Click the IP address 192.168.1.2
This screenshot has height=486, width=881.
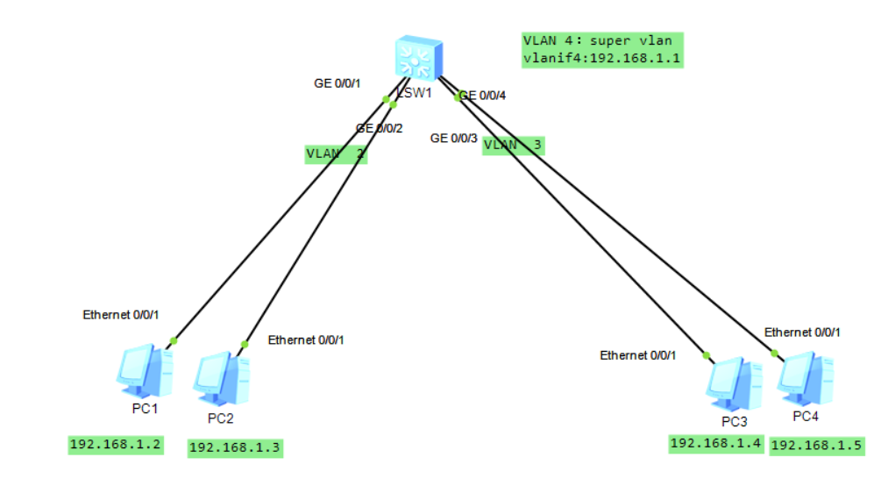click(116, 445)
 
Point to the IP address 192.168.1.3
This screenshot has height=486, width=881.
click(236, 447)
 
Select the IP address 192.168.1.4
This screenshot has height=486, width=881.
click(716, 443)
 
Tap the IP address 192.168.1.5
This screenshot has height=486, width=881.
click(817, 446)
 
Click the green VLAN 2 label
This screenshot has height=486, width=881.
click(336, 154)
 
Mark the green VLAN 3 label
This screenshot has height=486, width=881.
click(513, 145)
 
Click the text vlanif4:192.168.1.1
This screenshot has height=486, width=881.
click(601, 59)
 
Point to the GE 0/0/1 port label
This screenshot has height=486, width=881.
click(337, 84)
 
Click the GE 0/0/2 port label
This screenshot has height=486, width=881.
click(379, 129)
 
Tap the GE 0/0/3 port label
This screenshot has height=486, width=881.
click(453, 138)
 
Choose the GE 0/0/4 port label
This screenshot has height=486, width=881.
click(483, 95)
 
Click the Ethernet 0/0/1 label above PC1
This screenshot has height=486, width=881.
click(121, 314)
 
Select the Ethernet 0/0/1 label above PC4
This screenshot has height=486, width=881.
click(802, 332)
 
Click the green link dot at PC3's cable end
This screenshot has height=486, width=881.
click(707, 355)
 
